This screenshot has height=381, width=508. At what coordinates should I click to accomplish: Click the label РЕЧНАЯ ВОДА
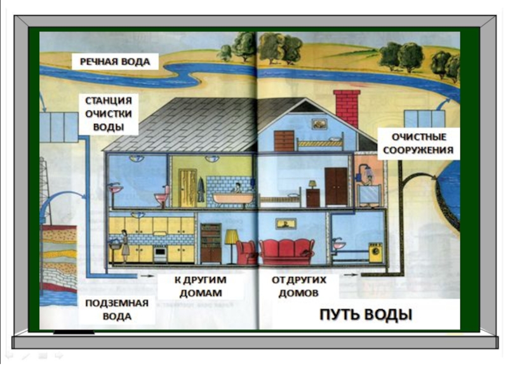tap(114, 62)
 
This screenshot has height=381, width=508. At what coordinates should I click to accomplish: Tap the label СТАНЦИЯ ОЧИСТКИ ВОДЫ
tap(109, 114)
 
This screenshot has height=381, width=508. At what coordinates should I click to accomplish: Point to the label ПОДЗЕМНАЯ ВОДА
tap(117, 309)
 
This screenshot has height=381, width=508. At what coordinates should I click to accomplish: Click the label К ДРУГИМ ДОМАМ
tap(200, 286)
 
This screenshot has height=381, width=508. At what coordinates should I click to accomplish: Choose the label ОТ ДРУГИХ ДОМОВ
tap(299, 286)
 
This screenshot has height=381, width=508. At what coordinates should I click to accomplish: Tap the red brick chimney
tap(347, 108)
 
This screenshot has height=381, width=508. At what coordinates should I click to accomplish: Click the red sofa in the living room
tap(288, 251)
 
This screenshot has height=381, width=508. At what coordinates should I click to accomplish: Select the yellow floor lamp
tap(232, 244)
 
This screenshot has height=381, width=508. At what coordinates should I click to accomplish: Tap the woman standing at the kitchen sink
tap(126, 244)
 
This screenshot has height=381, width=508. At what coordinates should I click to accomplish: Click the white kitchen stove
tap(159, 253)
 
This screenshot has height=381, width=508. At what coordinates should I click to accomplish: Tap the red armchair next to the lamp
tap(246, 252)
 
